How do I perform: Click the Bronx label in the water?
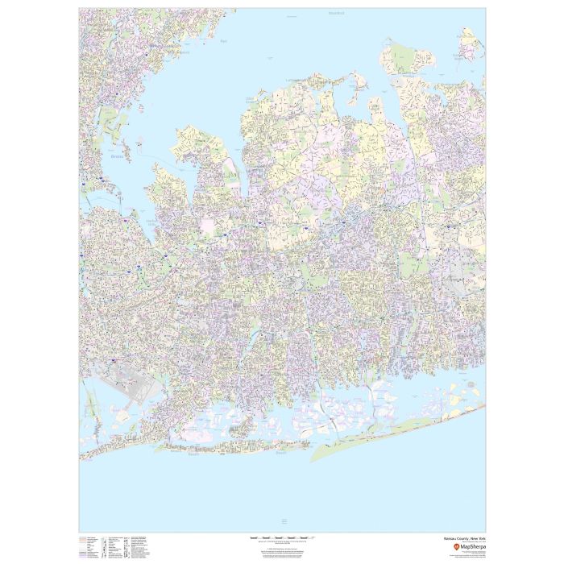point(118,157)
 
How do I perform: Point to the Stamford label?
point(336,13)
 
